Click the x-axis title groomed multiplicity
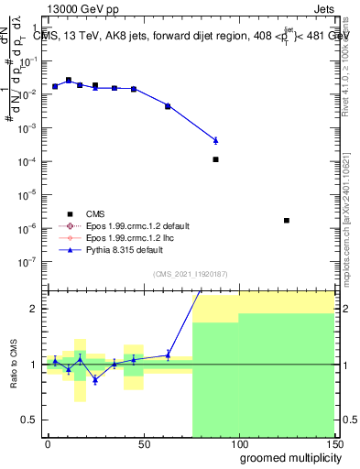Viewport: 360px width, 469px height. (285, 456)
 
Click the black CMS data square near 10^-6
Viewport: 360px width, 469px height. (287, 221)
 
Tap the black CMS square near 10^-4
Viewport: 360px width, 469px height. (215, 159)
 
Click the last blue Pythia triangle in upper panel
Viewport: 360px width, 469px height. (215, 140)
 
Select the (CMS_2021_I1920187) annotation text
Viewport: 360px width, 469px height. (189, 272)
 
